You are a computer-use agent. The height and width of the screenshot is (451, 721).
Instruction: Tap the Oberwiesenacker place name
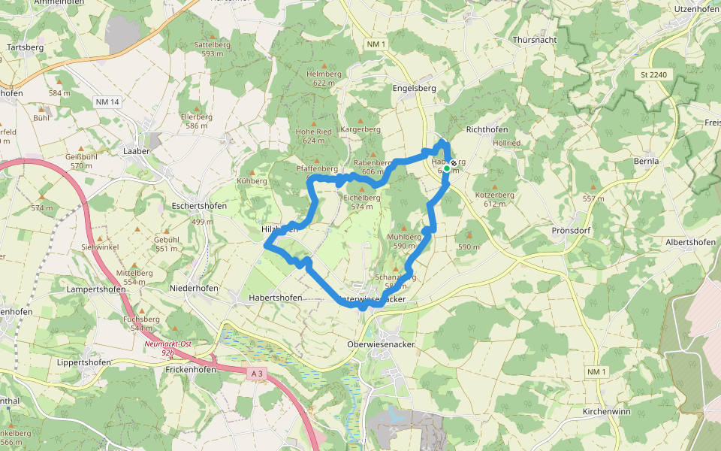381,344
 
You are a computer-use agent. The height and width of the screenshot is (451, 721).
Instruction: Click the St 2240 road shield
654,75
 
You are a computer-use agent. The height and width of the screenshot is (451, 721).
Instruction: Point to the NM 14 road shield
107,101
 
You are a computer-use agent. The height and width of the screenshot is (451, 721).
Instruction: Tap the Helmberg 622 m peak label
324,78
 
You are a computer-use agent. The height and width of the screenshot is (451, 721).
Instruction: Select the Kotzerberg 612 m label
494,198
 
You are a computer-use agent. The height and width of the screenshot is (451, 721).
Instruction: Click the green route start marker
446,169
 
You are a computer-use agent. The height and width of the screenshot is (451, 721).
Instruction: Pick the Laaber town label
137,151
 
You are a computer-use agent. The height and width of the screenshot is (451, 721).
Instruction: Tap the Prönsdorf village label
572,230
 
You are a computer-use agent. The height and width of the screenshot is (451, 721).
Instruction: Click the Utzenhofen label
696,8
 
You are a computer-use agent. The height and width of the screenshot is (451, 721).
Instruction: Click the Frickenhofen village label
191,370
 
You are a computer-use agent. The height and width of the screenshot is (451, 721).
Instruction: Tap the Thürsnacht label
534,39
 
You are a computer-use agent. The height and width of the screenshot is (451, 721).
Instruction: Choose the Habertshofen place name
276,298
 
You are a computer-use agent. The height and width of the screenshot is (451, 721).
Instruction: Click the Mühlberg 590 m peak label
403,241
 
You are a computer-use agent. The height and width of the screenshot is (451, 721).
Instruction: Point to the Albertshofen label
690,242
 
